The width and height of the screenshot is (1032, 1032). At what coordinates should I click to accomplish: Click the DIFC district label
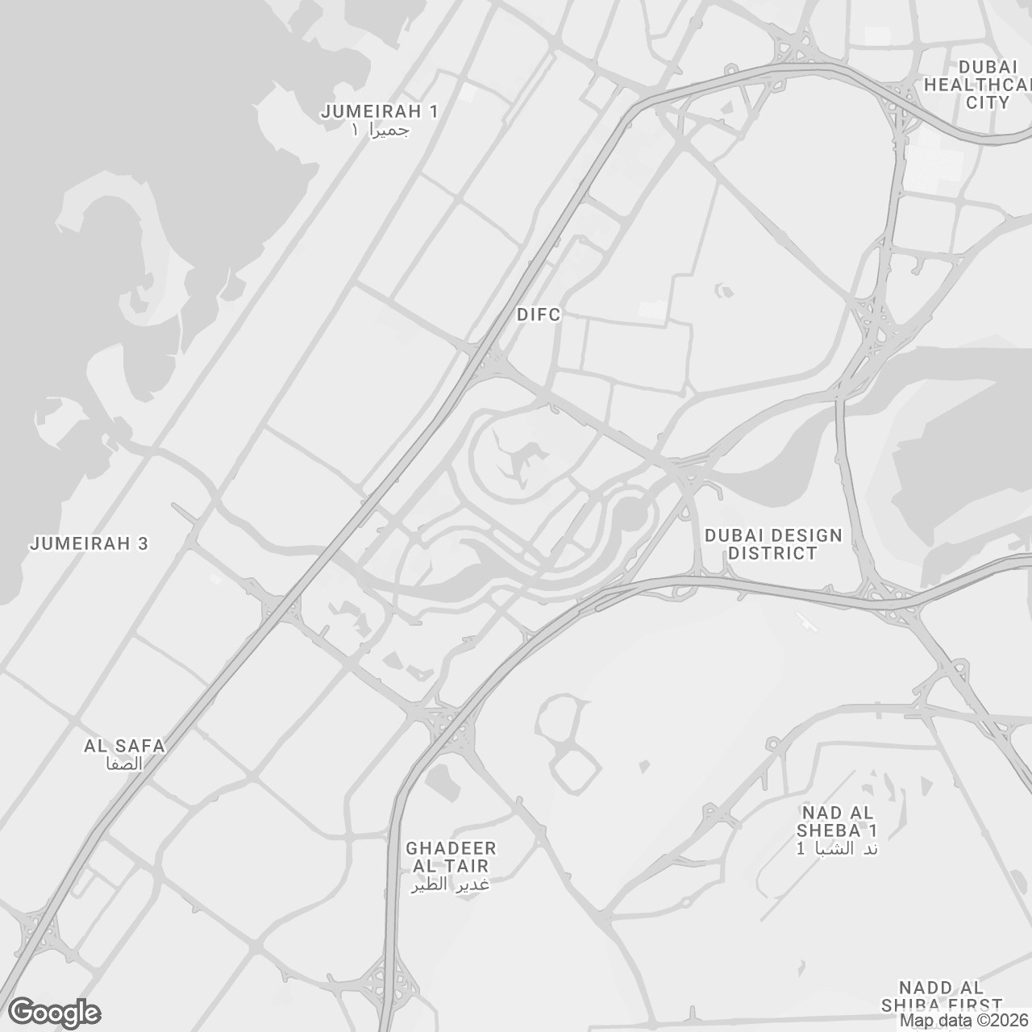click(538, 314)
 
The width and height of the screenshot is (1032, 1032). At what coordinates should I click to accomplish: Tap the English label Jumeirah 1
click(379, 111)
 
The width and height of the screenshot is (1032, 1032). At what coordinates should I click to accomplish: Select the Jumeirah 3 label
click(89, 543)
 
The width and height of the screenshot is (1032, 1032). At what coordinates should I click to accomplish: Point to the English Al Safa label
click(124, 746)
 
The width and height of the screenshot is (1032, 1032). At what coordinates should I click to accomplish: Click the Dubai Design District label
click(772, 544)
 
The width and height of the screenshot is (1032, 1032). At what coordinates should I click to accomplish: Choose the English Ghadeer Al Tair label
click(451, 857)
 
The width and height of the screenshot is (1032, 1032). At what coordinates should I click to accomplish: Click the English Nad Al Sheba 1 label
click(838, 821)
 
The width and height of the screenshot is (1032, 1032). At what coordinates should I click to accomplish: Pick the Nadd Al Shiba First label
click(941, 997)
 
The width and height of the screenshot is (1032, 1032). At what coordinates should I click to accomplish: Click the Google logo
click(54, 1013)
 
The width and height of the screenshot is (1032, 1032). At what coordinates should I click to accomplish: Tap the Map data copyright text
click(964, 1021)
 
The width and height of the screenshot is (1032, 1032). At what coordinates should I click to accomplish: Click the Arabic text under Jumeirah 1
click(381, 130)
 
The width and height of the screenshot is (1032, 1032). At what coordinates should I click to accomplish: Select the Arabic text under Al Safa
click(124, 764)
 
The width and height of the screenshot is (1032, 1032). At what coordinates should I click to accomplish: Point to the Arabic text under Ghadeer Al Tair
click(451, 884)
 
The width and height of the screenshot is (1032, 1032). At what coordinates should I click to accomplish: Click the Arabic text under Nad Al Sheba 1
click(837, 848)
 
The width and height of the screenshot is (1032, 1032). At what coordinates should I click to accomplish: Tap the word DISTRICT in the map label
click(772, 553)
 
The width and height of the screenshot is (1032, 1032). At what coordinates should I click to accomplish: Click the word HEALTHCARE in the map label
click(977, 84)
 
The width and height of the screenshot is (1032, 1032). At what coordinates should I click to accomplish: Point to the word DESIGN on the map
click(802, 535)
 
